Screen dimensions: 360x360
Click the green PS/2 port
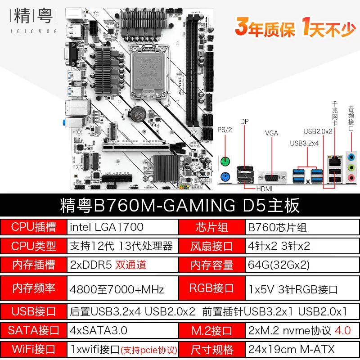tap(225, 162)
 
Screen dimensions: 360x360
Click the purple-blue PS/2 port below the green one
tap(225, 177)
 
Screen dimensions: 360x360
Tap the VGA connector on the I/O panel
tap(272, 177)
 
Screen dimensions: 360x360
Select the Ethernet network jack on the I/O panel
tap(335, 161)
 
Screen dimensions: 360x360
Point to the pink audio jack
tap(351, 177)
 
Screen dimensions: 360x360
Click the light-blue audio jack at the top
tap(351, 157)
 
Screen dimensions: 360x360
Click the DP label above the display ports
tap(244, 121)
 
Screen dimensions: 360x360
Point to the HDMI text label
tap(264, 189)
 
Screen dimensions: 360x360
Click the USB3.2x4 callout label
tap(304, 143)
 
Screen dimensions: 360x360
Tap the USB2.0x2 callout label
tap(318, 131)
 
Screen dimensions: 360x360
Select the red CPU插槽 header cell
tap(33, 227)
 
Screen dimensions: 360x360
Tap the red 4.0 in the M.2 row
tap(342, 330)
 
